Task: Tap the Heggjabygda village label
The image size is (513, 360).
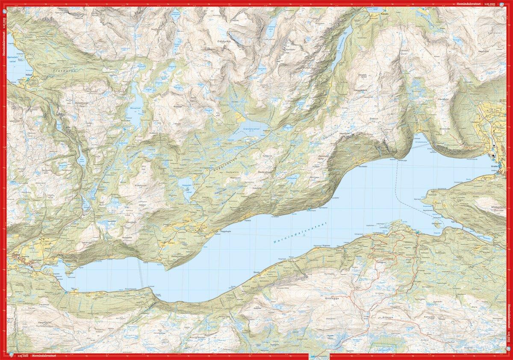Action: (226, 232)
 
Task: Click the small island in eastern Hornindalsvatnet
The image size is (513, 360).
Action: (437, 224)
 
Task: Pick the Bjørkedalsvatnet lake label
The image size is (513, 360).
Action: (16, 58)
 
